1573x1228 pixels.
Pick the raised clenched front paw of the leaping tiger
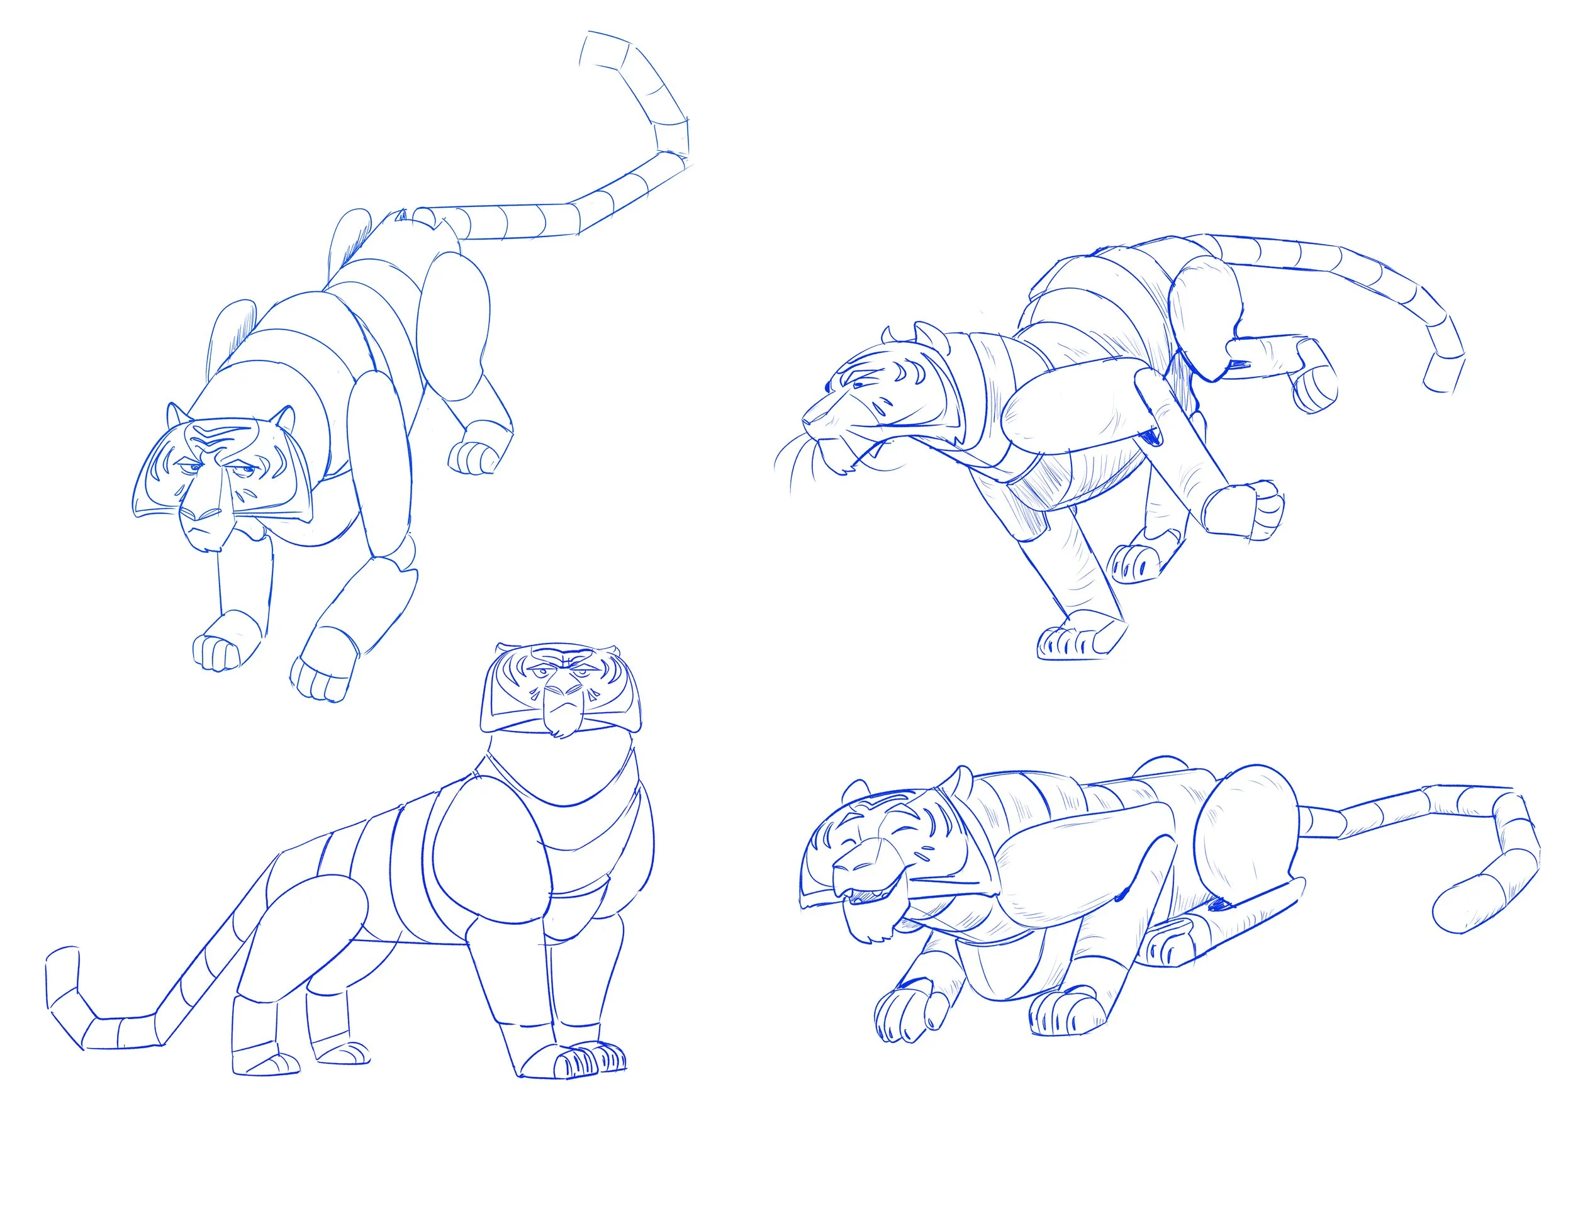tap(1260, 510)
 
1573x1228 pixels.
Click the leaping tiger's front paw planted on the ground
tap(1073, 640)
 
